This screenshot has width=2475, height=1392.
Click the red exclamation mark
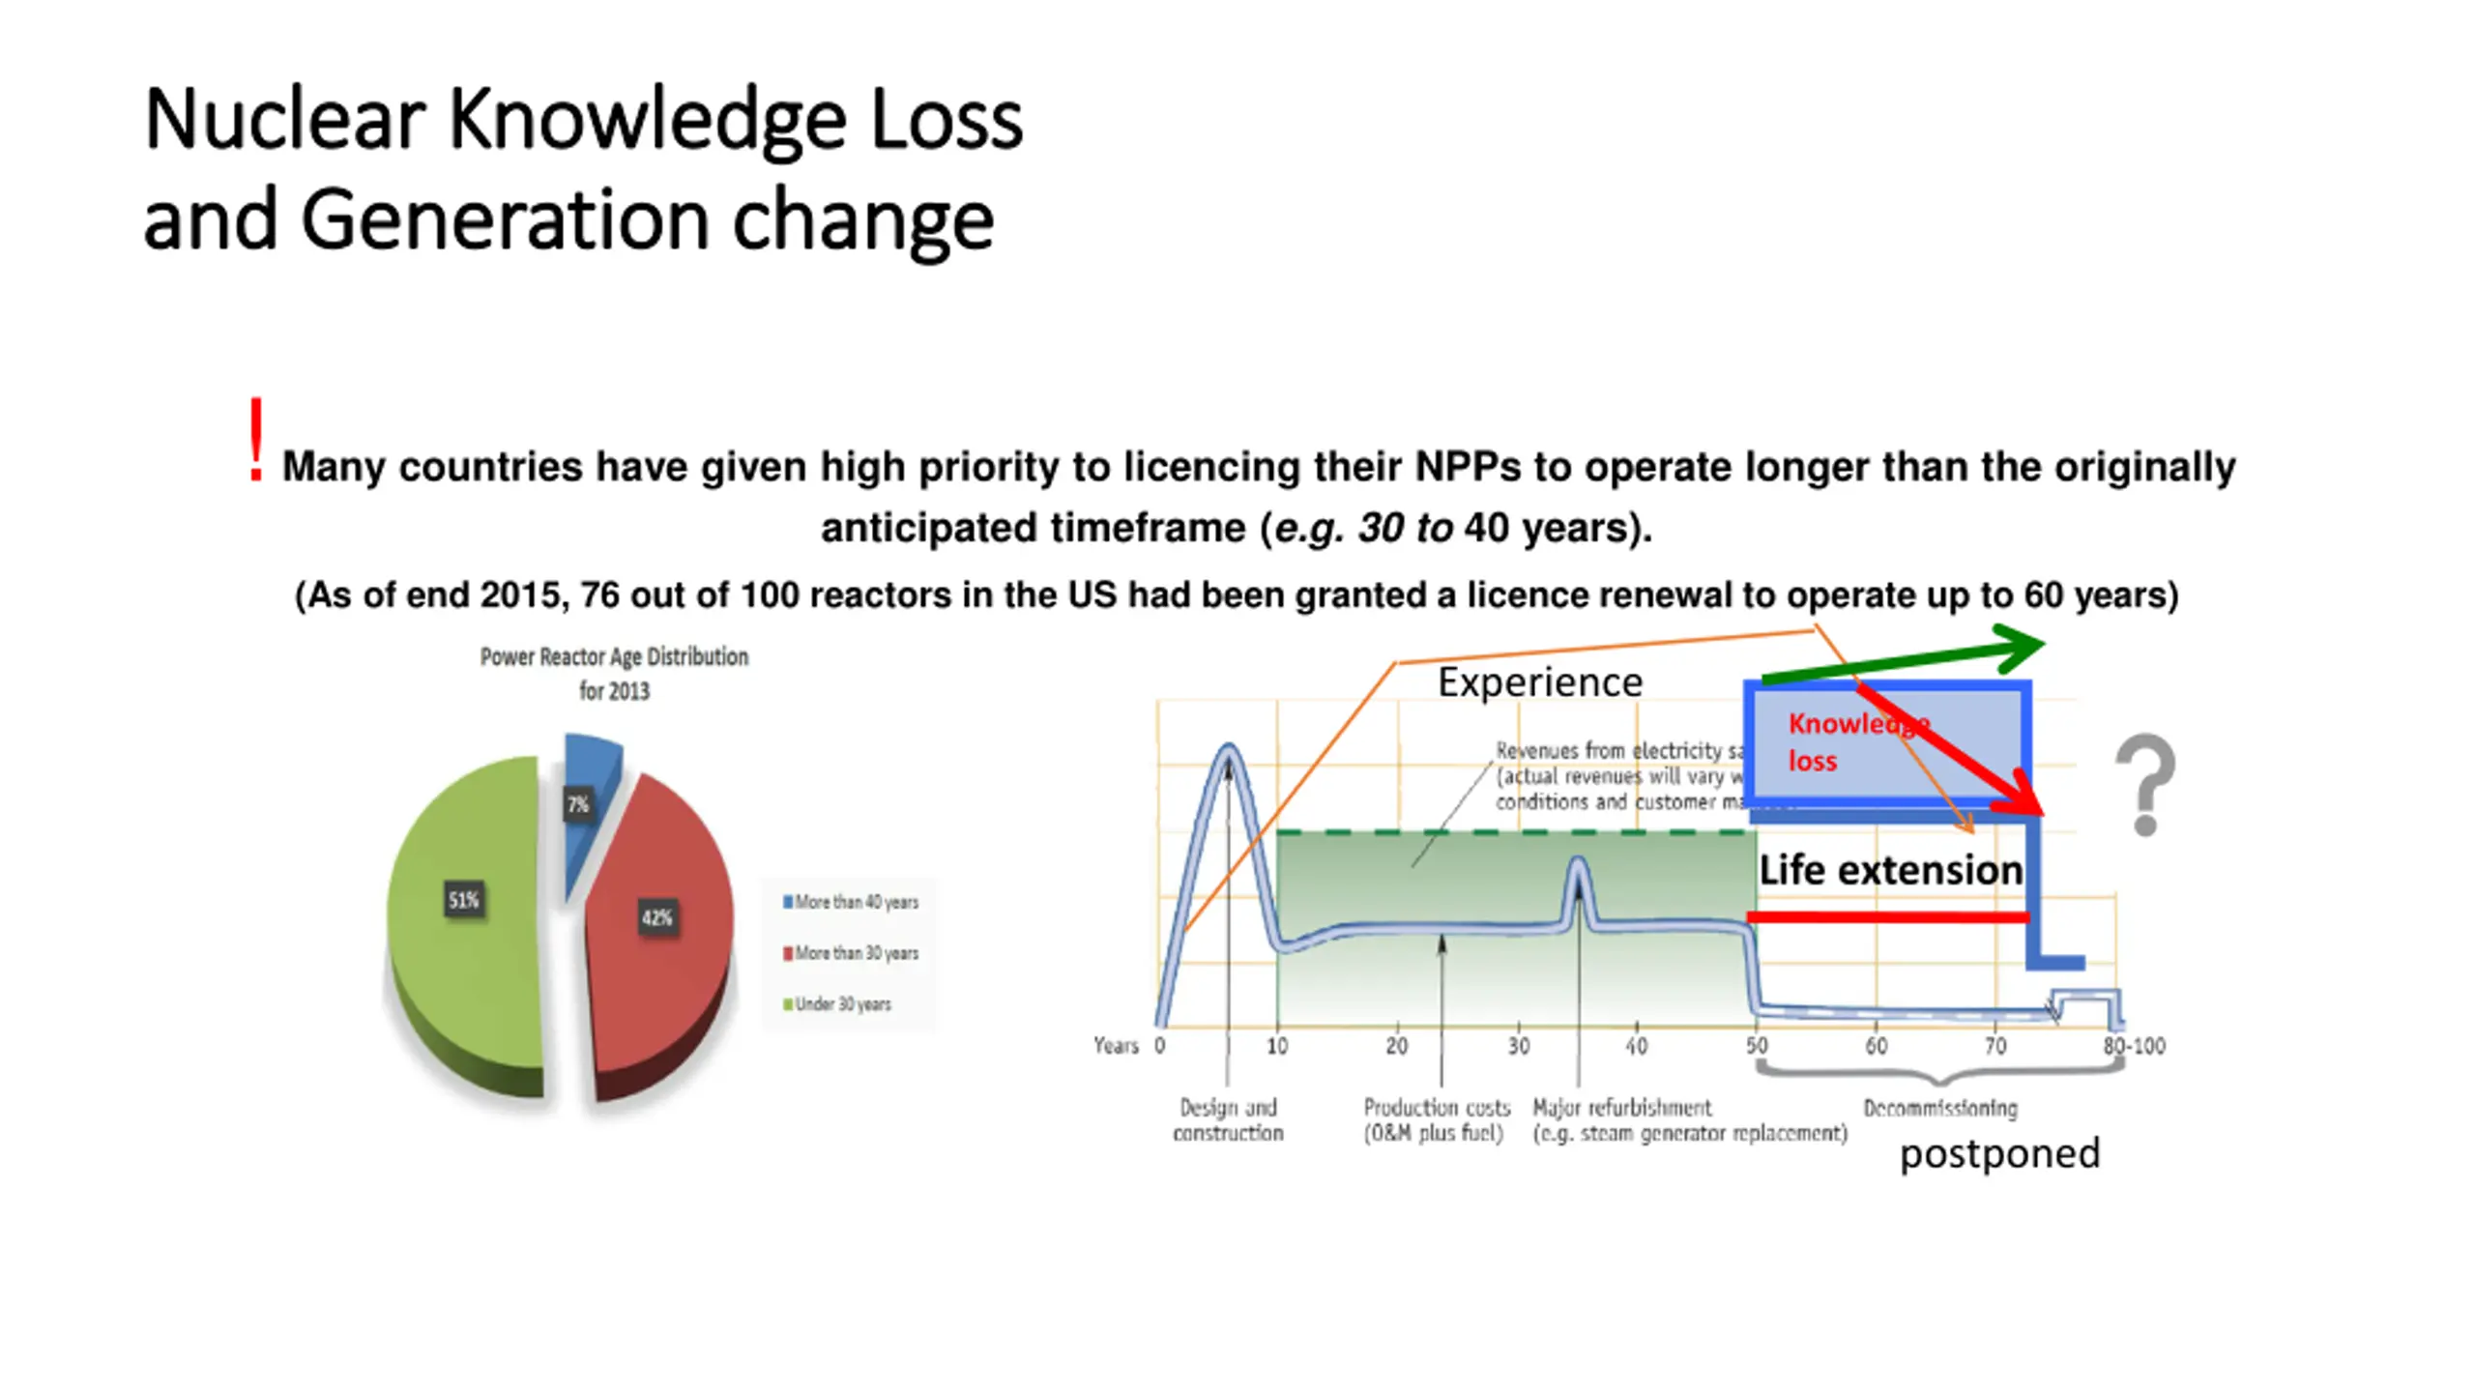tap(255, 441)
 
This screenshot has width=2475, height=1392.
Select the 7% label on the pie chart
tap(578, 804)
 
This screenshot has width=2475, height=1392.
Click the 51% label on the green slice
tap(464, 901)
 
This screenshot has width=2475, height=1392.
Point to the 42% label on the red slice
tap(657, 917)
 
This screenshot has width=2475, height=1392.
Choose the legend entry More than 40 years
tap(851, 902)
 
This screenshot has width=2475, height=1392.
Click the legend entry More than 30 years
tap(851, 953)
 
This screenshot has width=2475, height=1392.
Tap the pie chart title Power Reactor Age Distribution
tap(614, 657)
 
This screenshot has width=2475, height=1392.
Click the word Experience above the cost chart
tap(1540, 682)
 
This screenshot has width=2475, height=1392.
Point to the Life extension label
tap(1890, 870)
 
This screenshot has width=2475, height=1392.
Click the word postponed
tap(1999, 1153)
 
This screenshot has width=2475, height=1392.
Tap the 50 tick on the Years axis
tap(1757, 1046)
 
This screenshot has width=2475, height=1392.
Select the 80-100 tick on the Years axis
tap(2134, 1046)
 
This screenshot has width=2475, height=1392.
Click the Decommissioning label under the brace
tap(1940, 1108)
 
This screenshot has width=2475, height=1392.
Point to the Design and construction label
tap(1228, 1119)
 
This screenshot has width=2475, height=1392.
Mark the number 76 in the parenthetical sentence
tap(599, 595)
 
